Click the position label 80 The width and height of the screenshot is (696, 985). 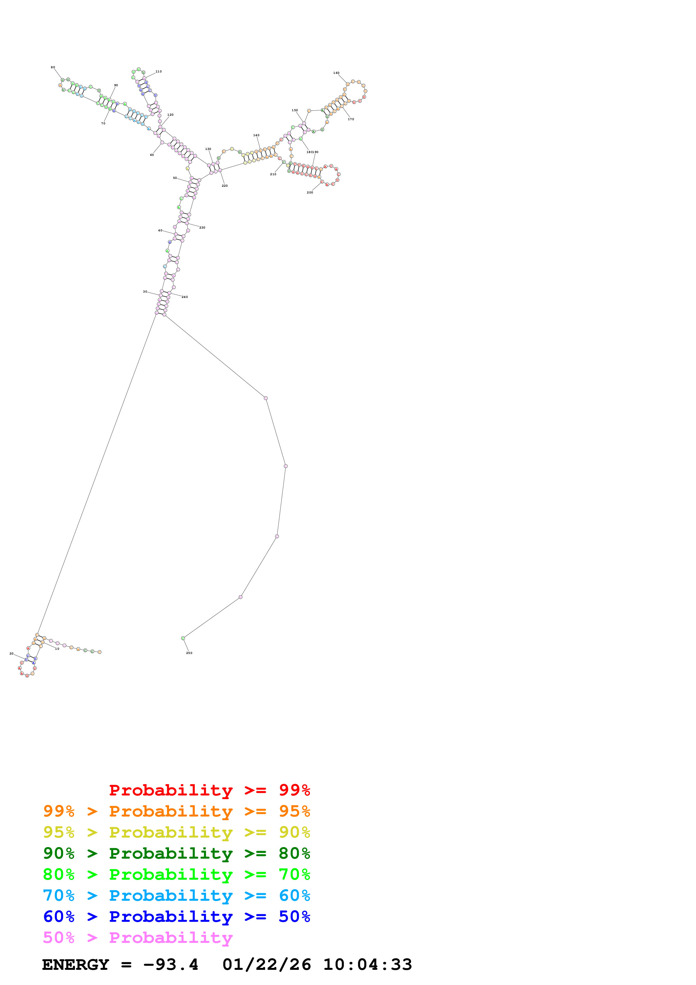(53, 67)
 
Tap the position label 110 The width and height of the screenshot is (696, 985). (159, 72)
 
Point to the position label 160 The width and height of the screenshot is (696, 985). (336, 73)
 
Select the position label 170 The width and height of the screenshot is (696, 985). (351, 119)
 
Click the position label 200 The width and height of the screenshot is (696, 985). (310, 193)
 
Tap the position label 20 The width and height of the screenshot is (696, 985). (12, 654)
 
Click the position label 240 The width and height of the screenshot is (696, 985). (185, 297)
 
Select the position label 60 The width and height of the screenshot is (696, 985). (152, 155)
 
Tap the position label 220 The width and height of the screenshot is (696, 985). (225, 186)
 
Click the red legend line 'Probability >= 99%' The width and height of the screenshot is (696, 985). (209, 790)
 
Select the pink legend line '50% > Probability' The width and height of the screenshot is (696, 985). (138, 938)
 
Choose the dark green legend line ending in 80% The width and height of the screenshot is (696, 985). (176, 853)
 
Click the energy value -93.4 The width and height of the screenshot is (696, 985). (171, 965)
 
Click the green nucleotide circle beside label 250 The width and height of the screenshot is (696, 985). (183, 638)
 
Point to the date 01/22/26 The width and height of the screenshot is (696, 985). (266, 965)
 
